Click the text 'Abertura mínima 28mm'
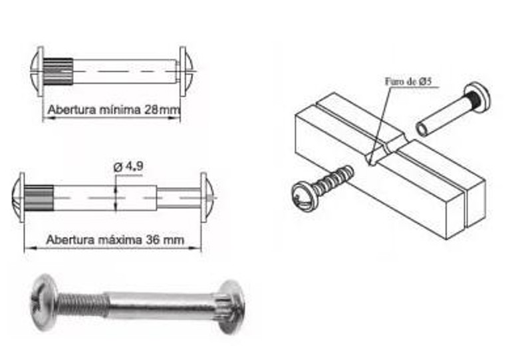click(x=114, y=110)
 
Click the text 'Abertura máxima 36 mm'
click(x=115, y=240)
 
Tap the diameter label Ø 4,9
click(x=128, y=166)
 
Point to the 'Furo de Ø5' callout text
click(x=408, y=81)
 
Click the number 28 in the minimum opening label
click(x=152, y=110)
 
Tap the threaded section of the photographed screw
click(x=82, y=305)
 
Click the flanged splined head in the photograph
click(x=231, y=307)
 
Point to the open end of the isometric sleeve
click(x=423, y=129)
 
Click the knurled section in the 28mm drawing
click(x=58, y=72)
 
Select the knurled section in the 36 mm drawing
click(x=39, y=198)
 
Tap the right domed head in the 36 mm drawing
click(x=207, y=198)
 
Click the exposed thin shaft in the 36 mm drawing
click(x=178, y=198)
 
